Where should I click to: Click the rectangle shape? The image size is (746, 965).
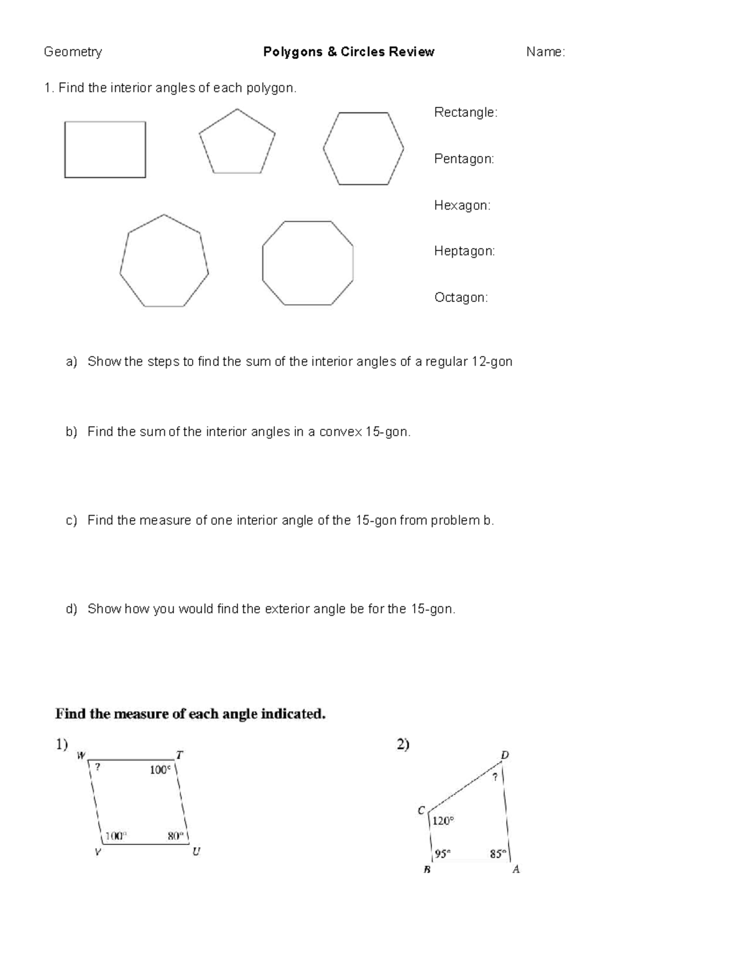pos(105,150)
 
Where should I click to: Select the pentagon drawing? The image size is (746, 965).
pos(237,144)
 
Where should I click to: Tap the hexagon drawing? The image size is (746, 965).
pos(363,149)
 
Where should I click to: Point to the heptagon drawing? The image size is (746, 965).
pos(164,262)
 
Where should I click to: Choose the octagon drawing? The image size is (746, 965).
pos(308,263)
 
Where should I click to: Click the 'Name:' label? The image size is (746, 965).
pos(545,52)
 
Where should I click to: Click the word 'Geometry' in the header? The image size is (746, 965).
pos(73,52)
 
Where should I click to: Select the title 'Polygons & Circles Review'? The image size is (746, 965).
pos(348,52)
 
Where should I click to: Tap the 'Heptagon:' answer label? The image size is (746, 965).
pos(464,251)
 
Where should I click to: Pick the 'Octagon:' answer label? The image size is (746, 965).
pos(461,298)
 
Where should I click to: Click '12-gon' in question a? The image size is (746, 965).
pos(492,362)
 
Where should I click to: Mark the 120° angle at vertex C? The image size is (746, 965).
pos(443,821)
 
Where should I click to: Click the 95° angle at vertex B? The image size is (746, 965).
pos(442,854)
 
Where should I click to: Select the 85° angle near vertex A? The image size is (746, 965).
pos(498,854)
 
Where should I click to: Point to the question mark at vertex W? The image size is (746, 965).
pos(98,767)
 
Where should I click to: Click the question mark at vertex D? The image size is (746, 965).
pos(495,777)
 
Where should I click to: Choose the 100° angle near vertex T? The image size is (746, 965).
pos(160,770)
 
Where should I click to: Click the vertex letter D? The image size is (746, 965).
pos(505,755)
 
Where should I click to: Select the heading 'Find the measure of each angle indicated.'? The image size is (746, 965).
pos(190,714)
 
